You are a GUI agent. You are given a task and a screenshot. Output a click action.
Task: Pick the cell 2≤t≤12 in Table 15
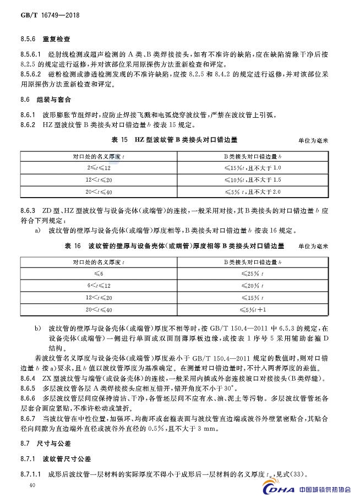99,167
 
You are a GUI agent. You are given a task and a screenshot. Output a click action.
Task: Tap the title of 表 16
174,246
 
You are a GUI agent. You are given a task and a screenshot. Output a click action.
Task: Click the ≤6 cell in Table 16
99,273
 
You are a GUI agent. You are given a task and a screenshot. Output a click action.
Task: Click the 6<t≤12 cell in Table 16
99,285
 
